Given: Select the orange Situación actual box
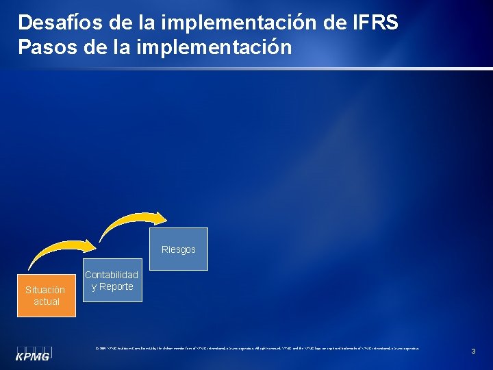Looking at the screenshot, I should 46,296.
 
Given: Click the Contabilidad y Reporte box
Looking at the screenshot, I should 112,280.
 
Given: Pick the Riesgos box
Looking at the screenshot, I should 178,250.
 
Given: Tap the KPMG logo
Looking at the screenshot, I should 34,351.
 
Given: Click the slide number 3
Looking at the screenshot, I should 473,351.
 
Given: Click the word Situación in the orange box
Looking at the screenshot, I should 45,290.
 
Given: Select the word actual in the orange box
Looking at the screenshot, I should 46,301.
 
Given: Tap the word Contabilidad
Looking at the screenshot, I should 112,275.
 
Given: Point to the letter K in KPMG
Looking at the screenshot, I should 21,356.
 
